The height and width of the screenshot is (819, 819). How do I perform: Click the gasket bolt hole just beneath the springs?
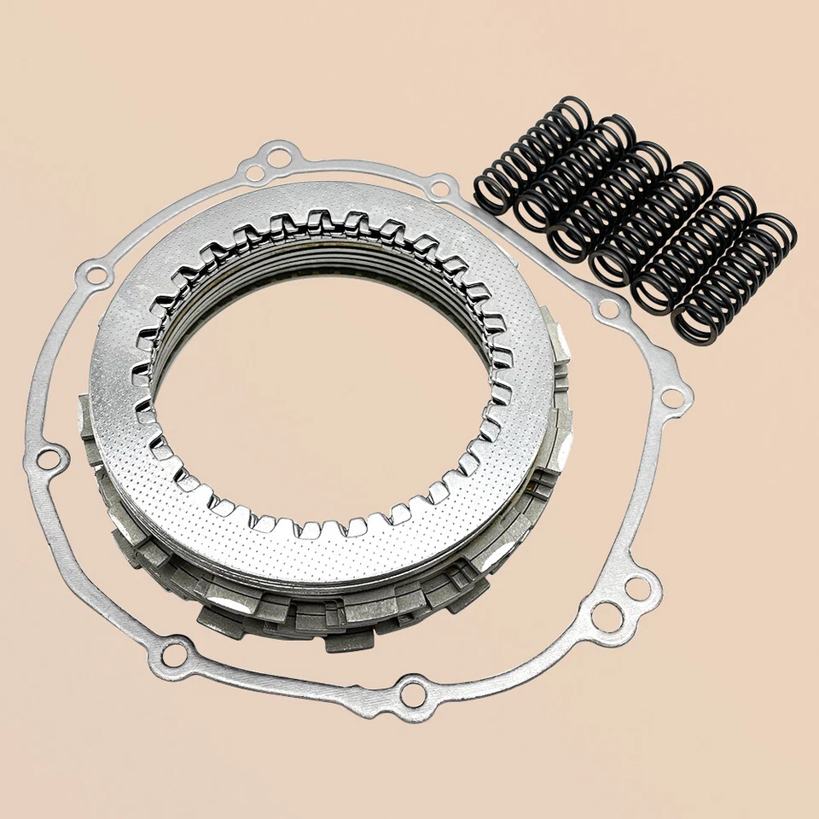(x=607, y=309)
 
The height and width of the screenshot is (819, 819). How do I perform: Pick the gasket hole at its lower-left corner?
(x=173, y=655)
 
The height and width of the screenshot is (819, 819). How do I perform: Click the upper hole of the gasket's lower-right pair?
(x=636, y=588)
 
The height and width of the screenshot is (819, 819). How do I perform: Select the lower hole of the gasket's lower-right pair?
(x=607, y=617)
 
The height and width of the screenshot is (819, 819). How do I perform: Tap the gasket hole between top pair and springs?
(x=442, y=185)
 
